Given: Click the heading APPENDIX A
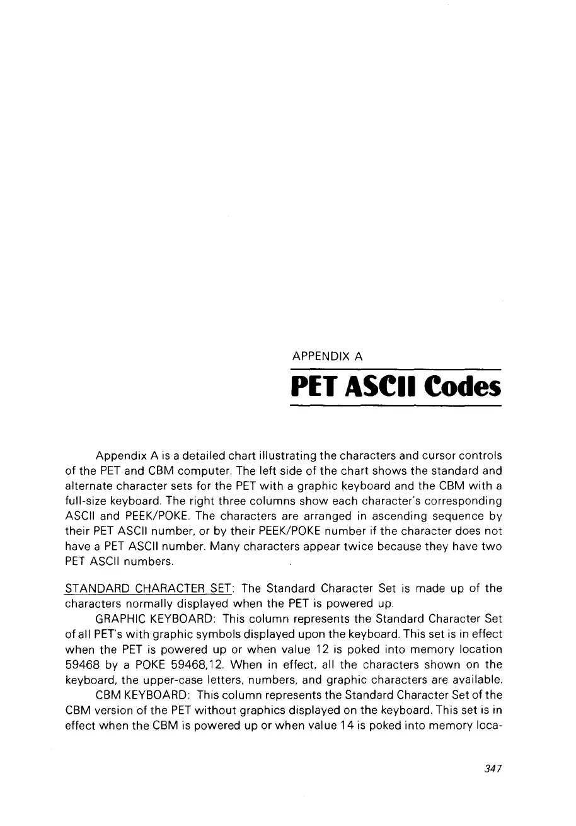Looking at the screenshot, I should tap(326, 358).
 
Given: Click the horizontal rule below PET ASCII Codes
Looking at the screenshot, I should tap(395, 407).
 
